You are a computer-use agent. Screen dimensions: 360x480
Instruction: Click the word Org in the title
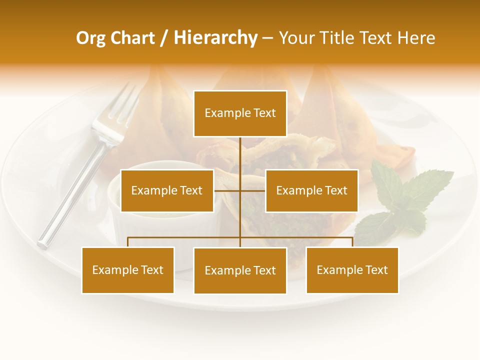pyautogui.click(x=90, y=38)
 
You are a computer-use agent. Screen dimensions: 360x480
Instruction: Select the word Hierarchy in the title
pyautogui.click(x=215, y=38)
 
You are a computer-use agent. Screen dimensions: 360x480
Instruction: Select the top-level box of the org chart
pyautogui.click(x=240, y=113)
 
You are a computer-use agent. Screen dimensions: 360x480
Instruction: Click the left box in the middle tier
pyautogui.click(x=167, y=190)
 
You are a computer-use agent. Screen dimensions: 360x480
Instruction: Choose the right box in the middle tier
pyautogui.click(x=311, y=190)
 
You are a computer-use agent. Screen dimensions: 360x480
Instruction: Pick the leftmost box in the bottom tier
pyautogui.click(x=128, y=270)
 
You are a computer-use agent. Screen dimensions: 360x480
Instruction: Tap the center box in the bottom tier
pyautogui.click(x=240, y=270)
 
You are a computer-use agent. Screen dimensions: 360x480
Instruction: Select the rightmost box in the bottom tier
pyautogui.click(x=352, y=270)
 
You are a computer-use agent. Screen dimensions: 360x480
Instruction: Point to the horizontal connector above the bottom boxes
pyautogui.click(x=185, y=237)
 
